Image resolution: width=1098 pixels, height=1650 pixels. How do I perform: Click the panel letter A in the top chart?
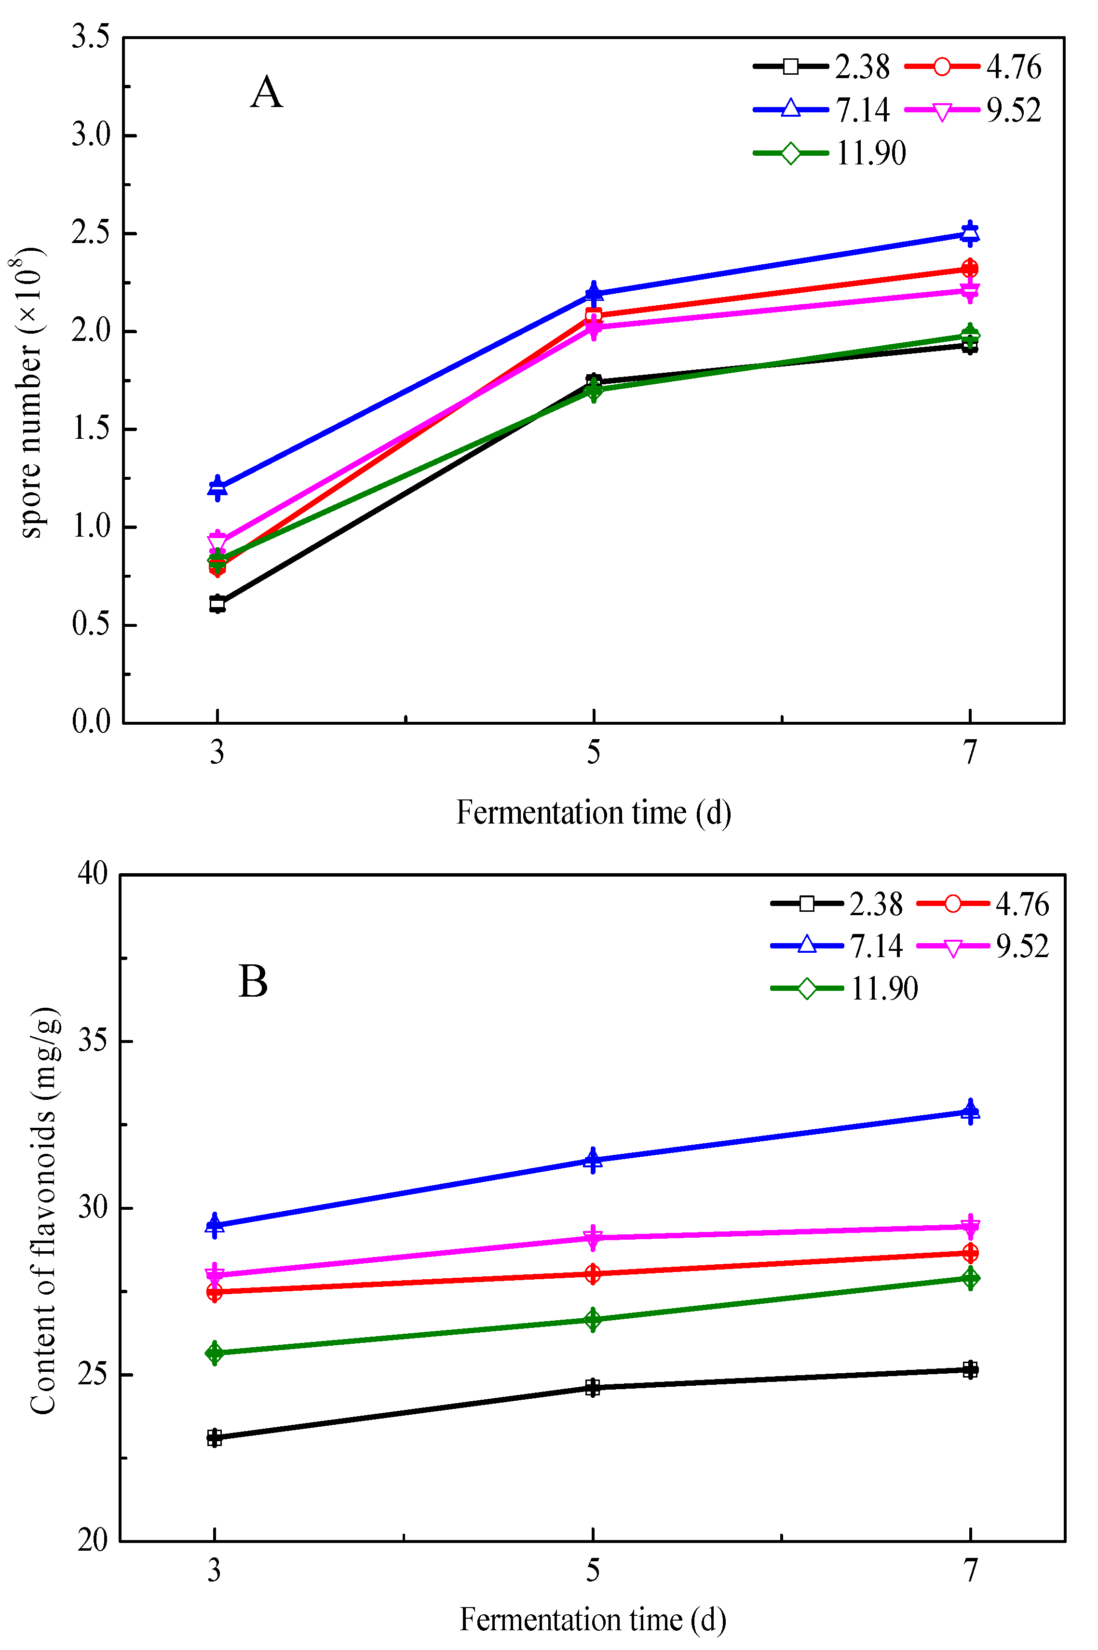click(x=266, y=93)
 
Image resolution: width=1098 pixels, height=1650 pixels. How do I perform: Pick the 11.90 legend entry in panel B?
click(x=844, y=988)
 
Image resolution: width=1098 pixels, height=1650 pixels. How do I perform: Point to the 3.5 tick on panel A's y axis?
click(x=91, y=37)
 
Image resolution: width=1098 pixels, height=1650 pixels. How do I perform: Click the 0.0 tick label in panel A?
click(x=91, y=722)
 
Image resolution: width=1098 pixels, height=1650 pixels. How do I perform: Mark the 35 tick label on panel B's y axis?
click(x=93, y=1041)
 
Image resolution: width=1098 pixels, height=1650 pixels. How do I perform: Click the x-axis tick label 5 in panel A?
click(x=593, y=753)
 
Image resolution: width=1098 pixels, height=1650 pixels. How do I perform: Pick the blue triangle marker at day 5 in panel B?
click(x=593, y=1160)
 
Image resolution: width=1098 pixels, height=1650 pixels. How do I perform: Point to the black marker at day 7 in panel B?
click(x=970, y=1369)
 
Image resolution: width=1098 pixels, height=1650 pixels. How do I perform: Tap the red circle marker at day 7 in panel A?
click(x=969, y=268)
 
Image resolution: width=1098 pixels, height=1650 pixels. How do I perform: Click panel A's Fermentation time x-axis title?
click(x=593, y=813)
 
